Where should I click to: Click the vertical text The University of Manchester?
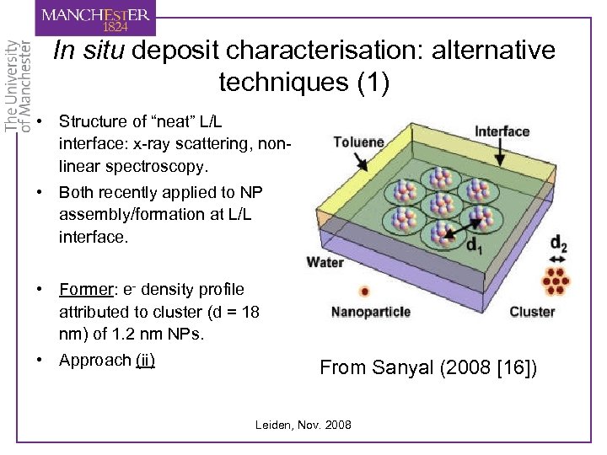coord(18,85)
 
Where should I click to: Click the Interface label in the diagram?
coord(502,131)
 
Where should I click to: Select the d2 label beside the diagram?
coord(557,244)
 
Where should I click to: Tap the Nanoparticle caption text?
coord(371,312)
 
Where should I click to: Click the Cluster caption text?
coord(532,312)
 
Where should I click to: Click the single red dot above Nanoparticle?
coord(364,292)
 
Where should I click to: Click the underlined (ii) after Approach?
coord(145,360)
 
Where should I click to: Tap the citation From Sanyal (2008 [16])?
coord(427,367)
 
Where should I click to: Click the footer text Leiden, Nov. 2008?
coord(303,425)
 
